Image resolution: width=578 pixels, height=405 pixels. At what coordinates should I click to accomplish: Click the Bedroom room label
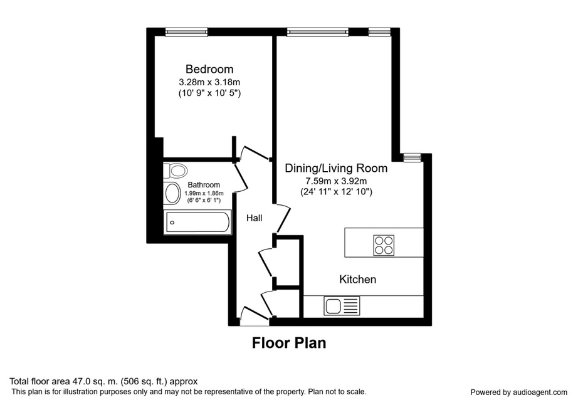tap(209, 70)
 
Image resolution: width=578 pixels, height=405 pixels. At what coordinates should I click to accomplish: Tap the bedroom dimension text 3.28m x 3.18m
tap(209, 82)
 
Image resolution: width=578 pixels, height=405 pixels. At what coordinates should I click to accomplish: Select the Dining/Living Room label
tap(336, 169)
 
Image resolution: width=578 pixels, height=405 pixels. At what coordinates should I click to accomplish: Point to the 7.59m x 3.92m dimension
tap(336, 181)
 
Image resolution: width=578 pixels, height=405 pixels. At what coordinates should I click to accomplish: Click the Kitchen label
tap(357, 280)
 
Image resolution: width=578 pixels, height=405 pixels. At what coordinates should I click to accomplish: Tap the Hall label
tap(255, 218)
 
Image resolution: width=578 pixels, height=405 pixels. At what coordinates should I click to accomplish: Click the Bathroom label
tap(204, 184)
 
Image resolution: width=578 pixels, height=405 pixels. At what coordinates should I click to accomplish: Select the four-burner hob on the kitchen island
tap(384, 245)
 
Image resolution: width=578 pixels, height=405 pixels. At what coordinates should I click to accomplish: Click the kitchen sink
tap(342, 306)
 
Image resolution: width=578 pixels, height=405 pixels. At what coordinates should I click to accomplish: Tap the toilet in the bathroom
tap(176, 171)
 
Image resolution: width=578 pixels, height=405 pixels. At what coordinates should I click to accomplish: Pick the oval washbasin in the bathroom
tap(172, 194)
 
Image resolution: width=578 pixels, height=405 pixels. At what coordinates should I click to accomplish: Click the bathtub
tap(198, 222)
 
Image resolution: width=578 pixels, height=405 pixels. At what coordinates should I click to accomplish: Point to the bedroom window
tap(187, 33)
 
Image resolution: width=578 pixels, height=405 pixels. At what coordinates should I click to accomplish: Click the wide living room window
tap(318, 33)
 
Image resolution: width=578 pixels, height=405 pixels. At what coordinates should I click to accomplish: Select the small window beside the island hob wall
tap(412, 158)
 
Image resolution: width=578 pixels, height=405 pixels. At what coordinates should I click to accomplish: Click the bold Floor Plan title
tap(289, 343)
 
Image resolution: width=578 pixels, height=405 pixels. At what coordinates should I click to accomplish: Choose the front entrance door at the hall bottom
tap(255, 316)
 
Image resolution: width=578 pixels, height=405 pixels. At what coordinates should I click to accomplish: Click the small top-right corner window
tap(379, 33)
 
